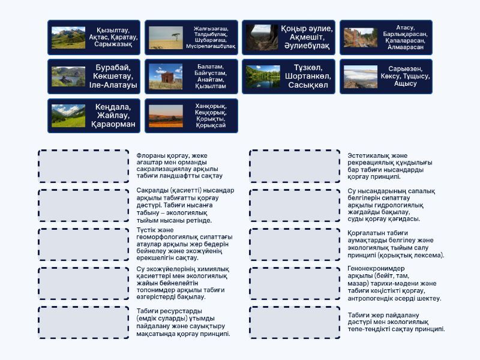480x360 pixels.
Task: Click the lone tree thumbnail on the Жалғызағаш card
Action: pyautogui.click(x=166, y=38)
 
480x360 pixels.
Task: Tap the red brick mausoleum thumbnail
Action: pyautogui.click(x=166, y=77)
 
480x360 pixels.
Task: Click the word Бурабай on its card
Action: pyautogui.click(x=113, y=67)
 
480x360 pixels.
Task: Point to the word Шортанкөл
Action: pyautogui.click(x=308, y=76)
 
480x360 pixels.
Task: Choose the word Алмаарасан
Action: pyautogui.click(x=406, y=47)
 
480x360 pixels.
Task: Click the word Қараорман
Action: pyautogui.click(x=113, y=124)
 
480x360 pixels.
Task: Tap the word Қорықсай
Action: pyautogui.click(x=211, y=125)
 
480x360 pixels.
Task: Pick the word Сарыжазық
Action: pyautogui.click(x=113, y=44)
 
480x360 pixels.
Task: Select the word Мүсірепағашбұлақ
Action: pyautogui.click(x=211, y=46)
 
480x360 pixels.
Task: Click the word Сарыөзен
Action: pyautogui.click(x=406, y=69)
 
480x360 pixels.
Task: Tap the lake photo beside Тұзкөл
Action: pyautogui.click(x=263, y=77)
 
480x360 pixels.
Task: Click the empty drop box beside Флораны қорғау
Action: pyautogui.click(x=83, y=166)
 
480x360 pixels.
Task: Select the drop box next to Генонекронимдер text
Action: pyautogui.click(x=295, y=283)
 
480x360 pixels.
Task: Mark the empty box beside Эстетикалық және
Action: pyautogui.click(x=295, y=166)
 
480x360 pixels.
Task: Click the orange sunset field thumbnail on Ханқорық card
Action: pyautogui.click(x=166, y=116)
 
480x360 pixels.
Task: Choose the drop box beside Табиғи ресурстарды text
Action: pyautogui.click(x=83, y=322)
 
